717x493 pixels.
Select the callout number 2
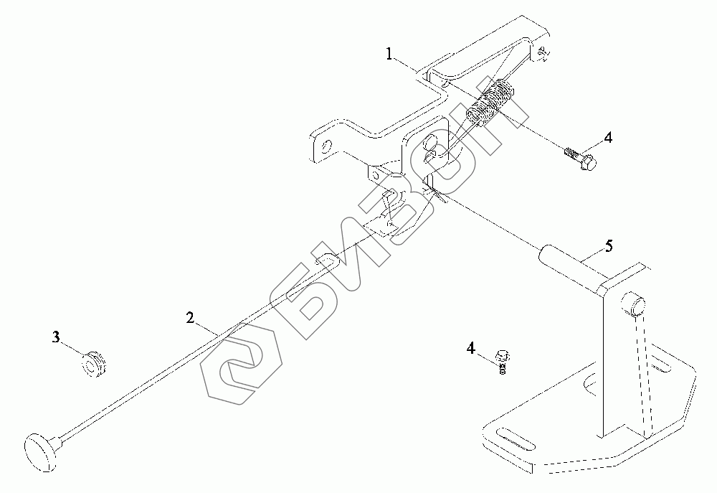(190, 317)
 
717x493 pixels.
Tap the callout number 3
(55, 335)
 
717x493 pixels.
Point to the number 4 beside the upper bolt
(607, 137)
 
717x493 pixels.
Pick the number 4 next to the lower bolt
(471, 349)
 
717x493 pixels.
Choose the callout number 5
(608, 246)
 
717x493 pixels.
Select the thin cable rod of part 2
(179, 359)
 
